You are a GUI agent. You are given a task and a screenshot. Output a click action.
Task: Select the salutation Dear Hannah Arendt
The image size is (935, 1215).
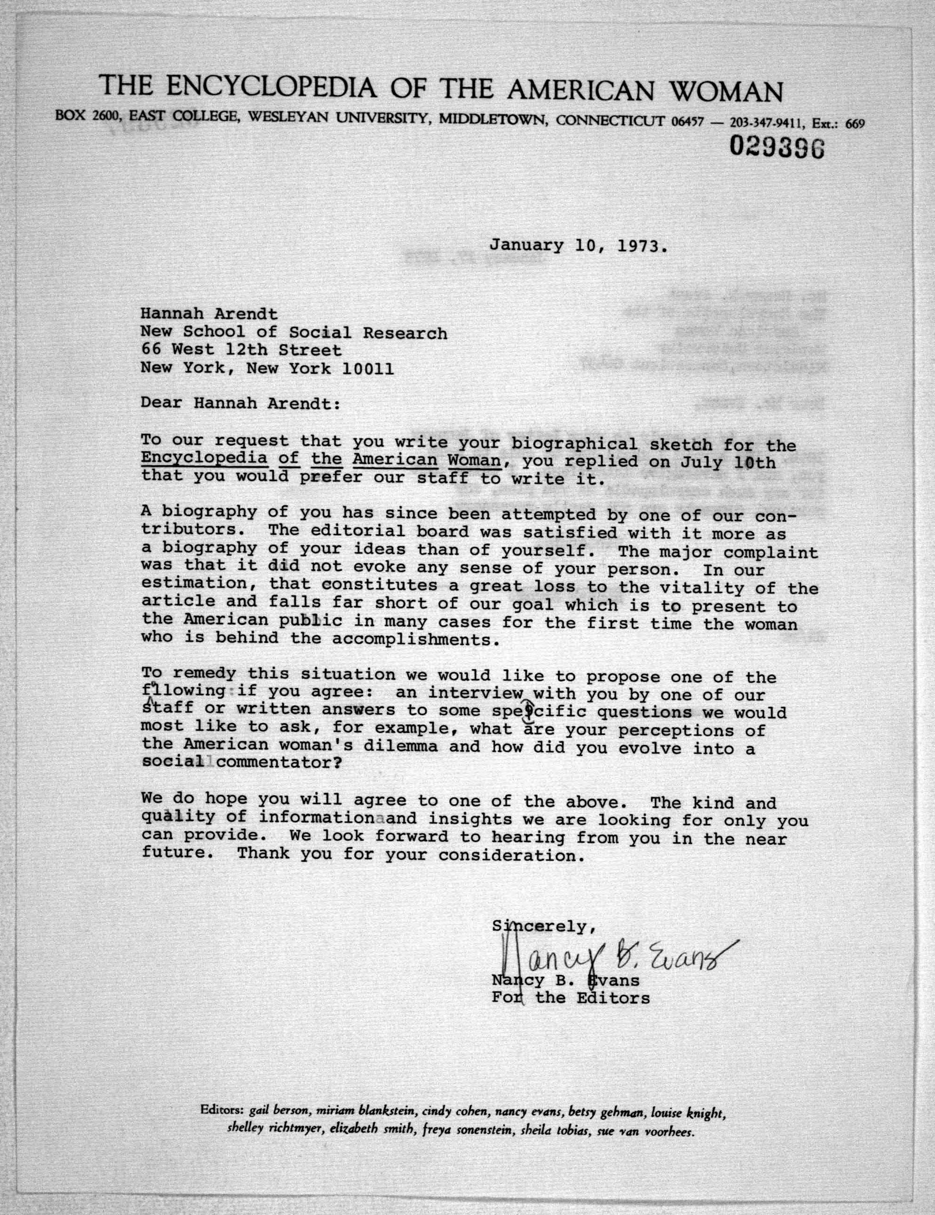tap(239, 403)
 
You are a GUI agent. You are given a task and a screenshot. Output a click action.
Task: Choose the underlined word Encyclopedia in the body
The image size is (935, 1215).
tap(204, 459)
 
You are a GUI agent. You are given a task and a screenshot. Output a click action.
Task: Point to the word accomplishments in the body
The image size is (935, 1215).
tap(411, 639)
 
